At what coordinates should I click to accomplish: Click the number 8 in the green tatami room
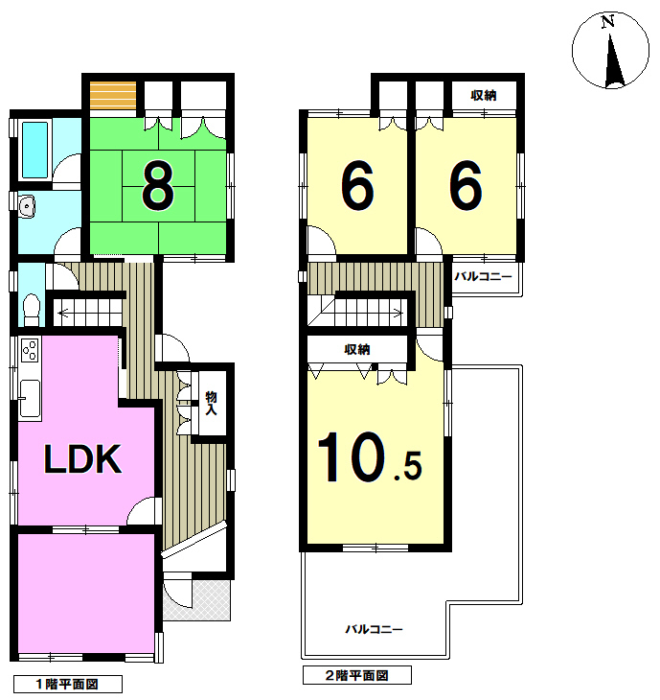[157, 185]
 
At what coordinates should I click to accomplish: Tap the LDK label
[83, 459]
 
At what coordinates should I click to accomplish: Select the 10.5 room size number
[370, 456]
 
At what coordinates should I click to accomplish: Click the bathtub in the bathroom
[34, 150]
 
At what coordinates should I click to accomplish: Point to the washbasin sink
[27, 207]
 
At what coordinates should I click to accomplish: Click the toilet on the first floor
[32, 310]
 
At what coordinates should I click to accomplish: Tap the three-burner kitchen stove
[30, 350]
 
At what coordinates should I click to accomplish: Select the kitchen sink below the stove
[30, 399]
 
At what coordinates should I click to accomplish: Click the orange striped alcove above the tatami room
[113, 96]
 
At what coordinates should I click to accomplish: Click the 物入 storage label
[211, 403]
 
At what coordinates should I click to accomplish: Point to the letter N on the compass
[607, 21]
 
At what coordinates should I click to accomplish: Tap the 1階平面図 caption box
[68, 684]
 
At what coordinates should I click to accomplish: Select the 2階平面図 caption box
[356, 674]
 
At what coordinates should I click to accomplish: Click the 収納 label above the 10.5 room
[357, 349]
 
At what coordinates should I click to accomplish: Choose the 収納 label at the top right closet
[484, 95]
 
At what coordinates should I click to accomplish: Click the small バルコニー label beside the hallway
[483, 276]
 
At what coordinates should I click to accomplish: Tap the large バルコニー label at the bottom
[375, 629]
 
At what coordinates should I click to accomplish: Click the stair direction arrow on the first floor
[89, 313]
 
